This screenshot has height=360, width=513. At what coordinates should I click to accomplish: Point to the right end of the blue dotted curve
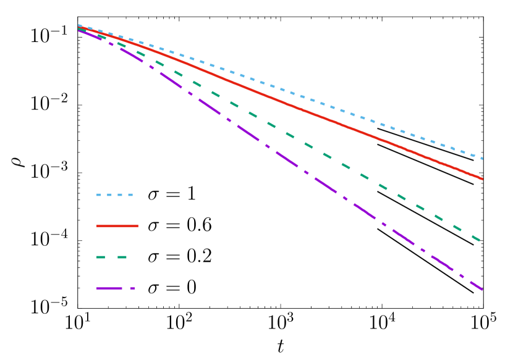tap(482, 159)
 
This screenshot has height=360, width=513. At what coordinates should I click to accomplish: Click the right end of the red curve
tap(483, 179)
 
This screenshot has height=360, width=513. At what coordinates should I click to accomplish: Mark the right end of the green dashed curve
tap(480, 240)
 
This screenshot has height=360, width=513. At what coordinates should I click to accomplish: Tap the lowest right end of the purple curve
tap(482, 289)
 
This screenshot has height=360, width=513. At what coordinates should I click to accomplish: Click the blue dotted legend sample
tap(114, 195)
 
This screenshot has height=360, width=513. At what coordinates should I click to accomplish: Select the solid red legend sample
tap(117, 226)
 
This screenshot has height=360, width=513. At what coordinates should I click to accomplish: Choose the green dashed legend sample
tap(112, 257)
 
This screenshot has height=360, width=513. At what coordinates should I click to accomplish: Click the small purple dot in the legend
tap(132, 288)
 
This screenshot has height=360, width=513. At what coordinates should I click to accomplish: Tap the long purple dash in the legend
tap(109, 288)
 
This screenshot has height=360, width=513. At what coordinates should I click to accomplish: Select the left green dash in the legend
tap(101, 257)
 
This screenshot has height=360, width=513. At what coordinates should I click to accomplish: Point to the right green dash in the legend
tap(122, 257)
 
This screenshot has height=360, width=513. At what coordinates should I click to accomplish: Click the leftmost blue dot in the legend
tap(98, 195)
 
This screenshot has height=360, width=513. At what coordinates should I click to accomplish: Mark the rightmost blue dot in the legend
tap(130, 195)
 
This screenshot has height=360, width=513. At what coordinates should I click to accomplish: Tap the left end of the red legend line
tap(98, 226)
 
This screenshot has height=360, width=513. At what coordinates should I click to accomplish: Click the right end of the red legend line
tap(137, 226)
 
